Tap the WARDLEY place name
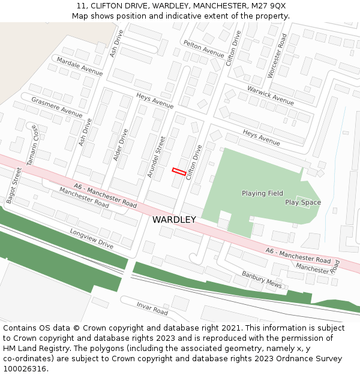[174, 220]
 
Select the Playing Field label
[262, 193]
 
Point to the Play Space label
[303, 202]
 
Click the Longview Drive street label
[91, 238]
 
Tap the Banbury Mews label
[262, 279]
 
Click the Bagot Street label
[13, 185]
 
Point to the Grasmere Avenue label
[56, 107]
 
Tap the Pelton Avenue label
[204, 49]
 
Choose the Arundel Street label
[156, 157]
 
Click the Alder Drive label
[121, 145]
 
